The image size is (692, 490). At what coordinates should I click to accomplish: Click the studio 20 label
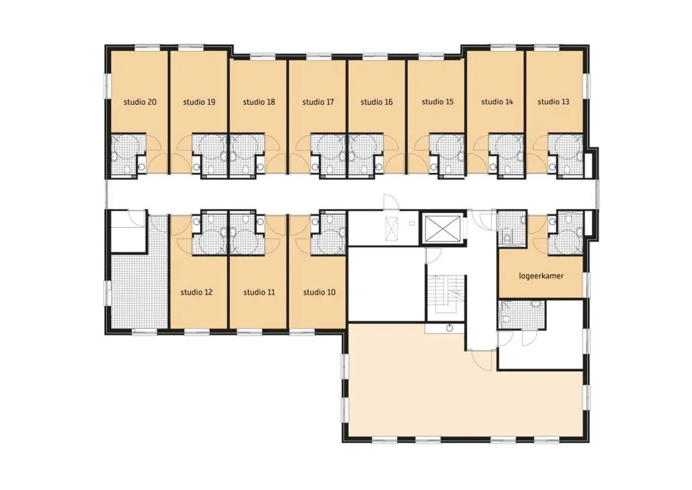[x=140, y=102]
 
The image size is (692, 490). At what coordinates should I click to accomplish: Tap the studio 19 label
[x=199, y=102]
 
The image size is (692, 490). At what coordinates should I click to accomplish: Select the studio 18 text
[x=259, y=102]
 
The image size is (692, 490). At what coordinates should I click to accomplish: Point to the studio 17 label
[x=318, y=102]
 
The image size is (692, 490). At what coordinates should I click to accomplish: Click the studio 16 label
[x=376, y=102]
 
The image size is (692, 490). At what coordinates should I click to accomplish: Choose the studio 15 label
[x=437, y=102]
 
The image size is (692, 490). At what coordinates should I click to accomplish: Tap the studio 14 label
[x=497, y=102]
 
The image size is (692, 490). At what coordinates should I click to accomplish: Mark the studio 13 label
[x=554, y=102]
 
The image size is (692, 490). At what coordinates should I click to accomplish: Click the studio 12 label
[x=196, y=292]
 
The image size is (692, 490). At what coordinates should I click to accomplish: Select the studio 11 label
[x=259, y=292]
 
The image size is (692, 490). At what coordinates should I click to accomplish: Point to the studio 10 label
[x=319, y=292]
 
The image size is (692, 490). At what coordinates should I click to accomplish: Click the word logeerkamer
[x=541, y=276]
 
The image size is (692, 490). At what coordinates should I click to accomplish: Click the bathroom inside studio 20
[x=128, y=155]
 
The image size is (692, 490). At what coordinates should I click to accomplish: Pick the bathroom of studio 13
[x=566, y=155]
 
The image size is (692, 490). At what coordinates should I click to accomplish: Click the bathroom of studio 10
[x=328, y=233]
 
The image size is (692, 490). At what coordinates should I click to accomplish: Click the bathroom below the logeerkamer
[x=522, y=314]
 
